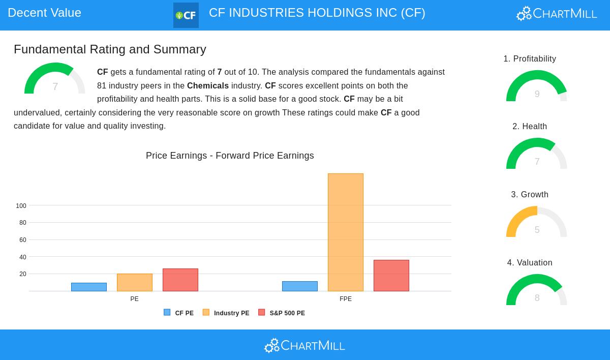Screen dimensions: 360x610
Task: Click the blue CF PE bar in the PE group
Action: pyautogui.click(x=89, y=287)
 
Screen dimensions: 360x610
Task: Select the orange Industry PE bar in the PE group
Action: pyautogui.click(x=135, y=282)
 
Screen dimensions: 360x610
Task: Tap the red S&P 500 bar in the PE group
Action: pyautogui.click(x=180, y=280)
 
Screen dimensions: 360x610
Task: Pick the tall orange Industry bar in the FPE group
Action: pyautogui.click(x=346, y=232)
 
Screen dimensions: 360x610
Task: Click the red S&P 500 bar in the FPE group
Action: pyautogui.click(x=391, y=276)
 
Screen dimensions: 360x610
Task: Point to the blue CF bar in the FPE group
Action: pyautogui.click(x=300, y=286)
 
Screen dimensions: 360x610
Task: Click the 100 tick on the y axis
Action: pyautogui.click(x=21, y=206)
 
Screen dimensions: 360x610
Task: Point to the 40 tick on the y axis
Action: pyautogui.click(x=22, y=257)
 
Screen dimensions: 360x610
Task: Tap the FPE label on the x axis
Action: pyautogui.click(x=346, y=299)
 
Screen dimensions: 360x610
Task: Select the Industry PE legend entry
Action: pyautogui.click(x=226, y=313)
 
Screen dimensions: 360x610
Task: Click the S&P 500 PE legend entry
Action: pyautogui.click(x=282, y=313)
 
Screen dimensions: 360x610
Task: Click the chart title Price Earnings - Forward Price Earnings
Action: pyautogui.click(x=230, y=156)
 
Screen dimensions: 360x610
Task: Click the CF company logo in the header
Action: pyautogui.click(x=186, y=15)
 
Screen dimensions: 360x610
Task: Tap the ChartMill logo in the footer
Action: pyautogui.click(x=304, y=346)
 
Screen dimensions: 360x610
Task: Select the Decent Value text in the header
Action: pyautogui.click(x=44, y=13)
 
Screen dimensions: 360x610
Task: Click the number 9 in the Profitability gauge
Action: pyautogui.click(x=537, y=94)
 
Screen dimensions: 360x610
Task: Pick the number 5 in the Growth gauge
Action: pyautogui.click(x=537, y=230)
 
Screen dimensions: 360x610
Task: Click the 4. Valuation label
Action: pyautogui.click(x=530, y=263)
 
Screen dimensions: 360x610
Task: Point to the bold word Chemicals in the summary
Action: pyautogui.click(x=208, y=86)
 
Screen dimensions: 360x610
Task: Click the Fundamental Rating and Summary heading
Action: pyautogui.click(x=110, y=49)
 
